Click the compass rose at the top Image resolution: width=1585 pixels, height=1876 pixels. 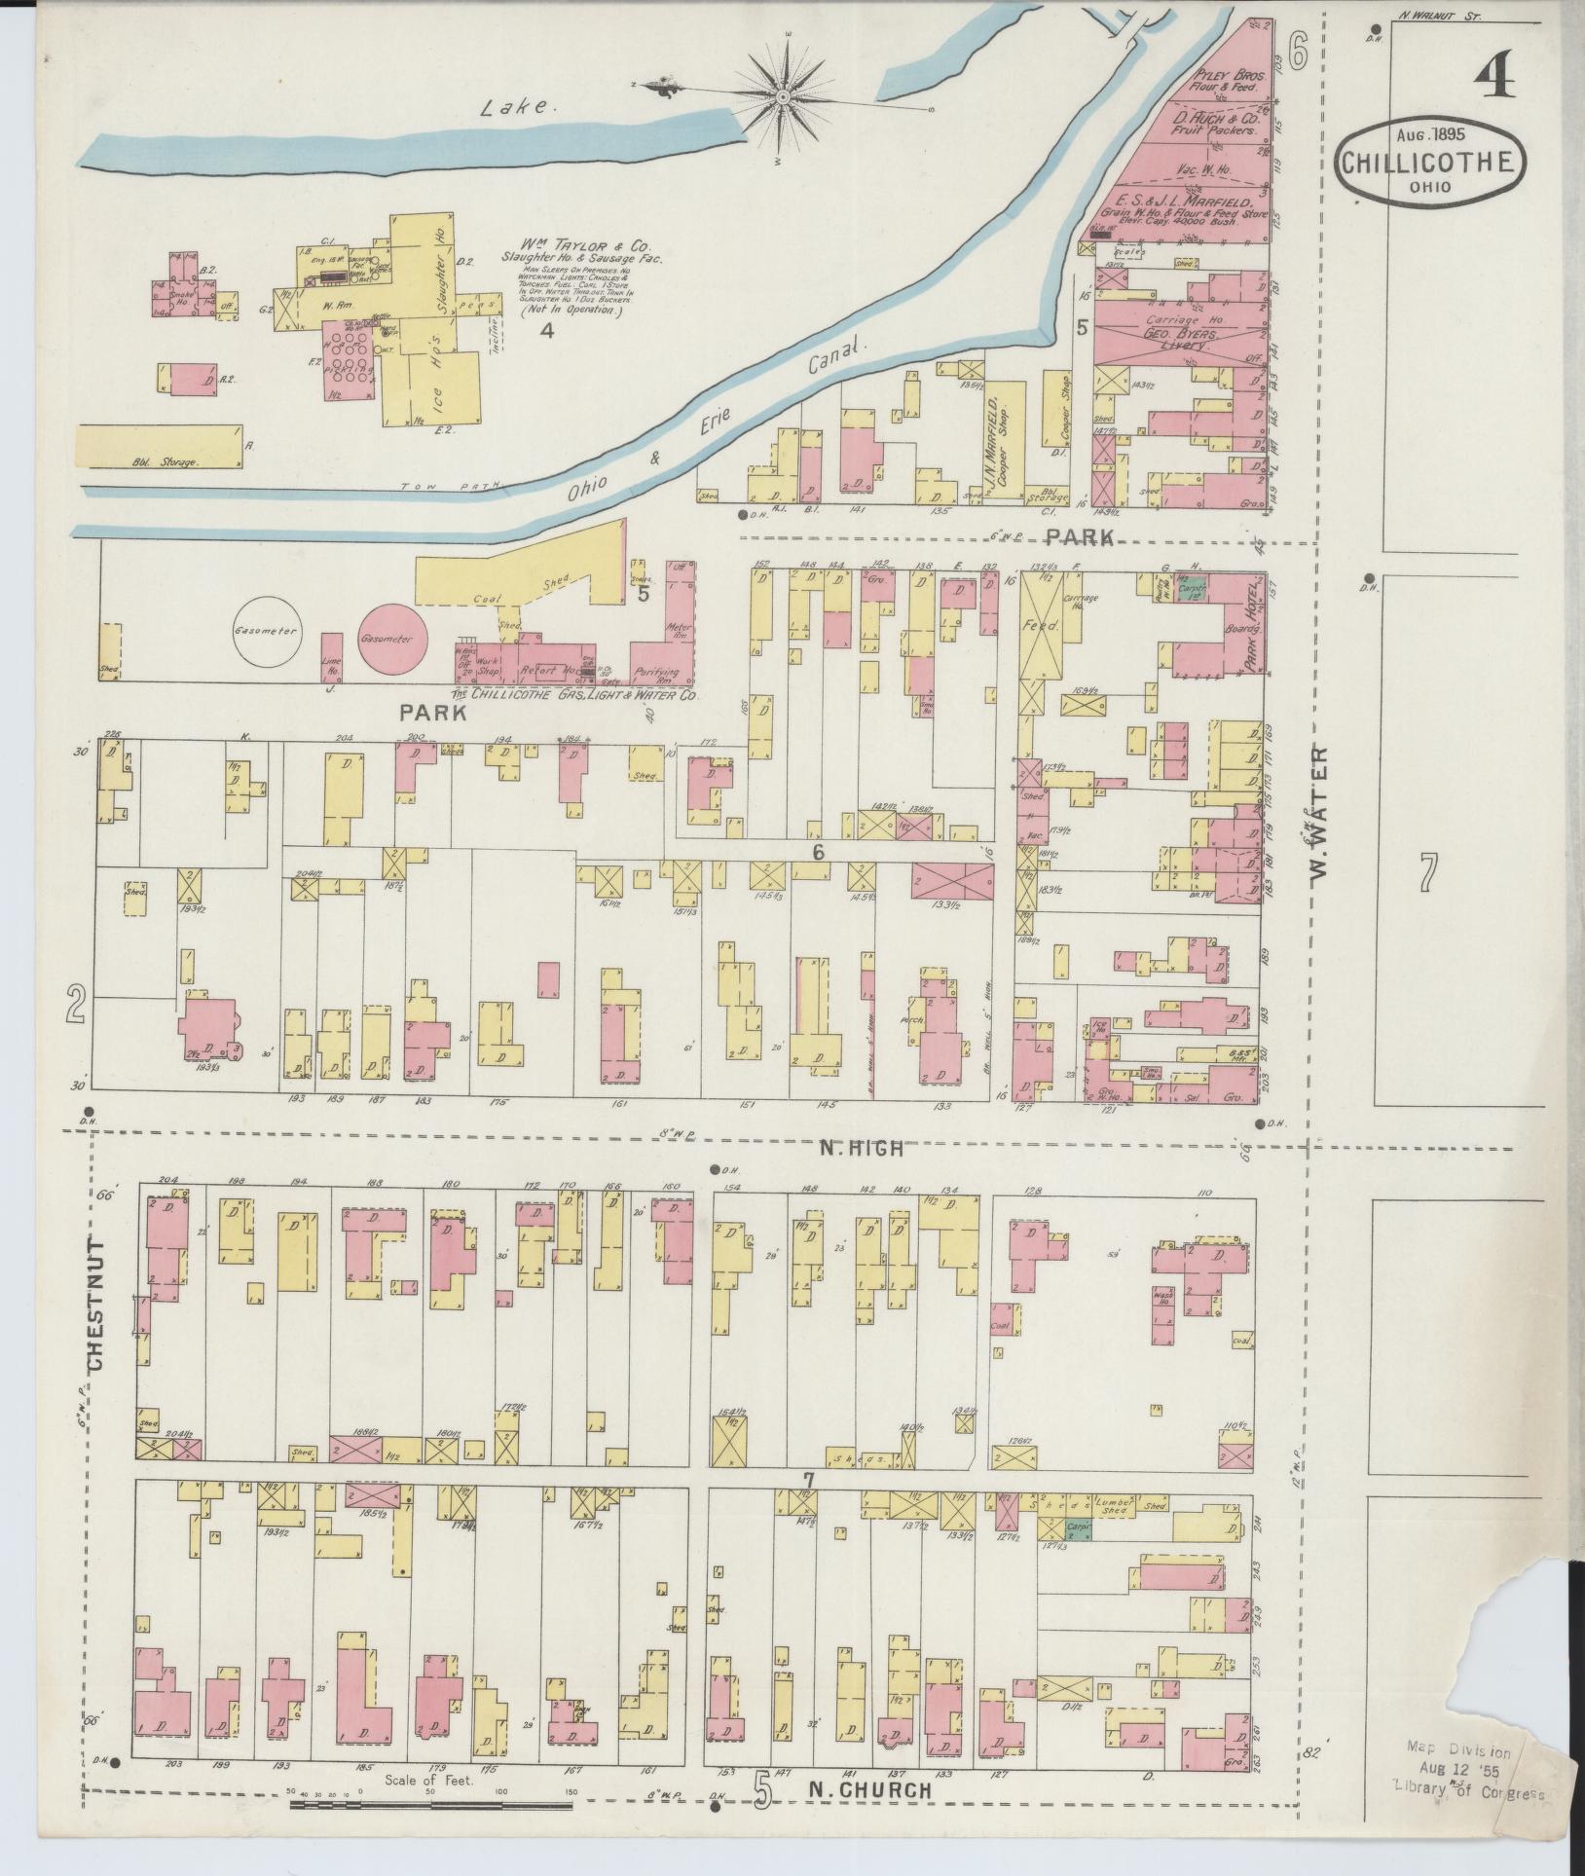click(x=784, y=96)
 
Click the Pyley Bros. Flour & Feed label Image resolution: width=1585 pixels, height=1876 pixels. click(x=1225, y=80)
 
